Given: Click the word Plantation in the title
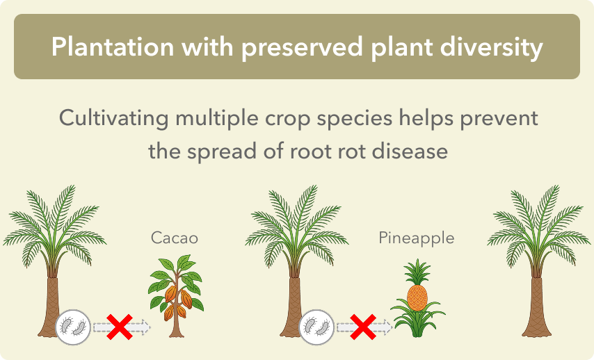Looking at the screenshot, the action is [113, 47].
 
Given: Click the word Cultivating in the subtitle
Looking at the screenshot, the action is [113, 118].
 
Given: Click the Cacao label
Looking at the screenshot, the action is [175, 238].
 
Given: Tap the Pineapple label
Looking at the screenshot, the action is [417, 238].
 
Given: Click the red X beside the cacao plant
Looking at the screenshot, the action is [120, 327].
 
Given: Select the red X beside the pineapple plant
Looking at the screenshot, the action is [363, 327].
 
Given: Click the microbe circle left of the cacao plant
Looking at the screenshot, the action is [73, 327].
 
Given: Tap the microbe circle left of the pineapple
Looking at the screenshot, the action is [316, 327].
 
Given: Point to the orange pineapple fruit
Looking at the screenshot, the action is [417, 298].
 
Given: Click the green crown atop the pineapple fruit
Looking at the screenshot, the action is [417, 272].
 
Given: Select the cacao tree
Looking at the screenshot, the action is [176, 296].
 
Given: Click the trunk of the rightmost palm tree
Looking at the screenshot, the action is [536, 306].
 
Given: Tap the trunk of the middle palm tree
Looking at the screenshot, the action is [294, 306].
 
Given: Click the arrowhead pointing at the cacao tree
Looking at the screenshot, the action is [145, 327].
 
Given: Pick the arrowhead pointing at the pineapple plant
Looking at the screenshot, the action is [387, 327].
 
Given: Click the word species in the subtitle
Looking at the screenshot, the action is [354, 119].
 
